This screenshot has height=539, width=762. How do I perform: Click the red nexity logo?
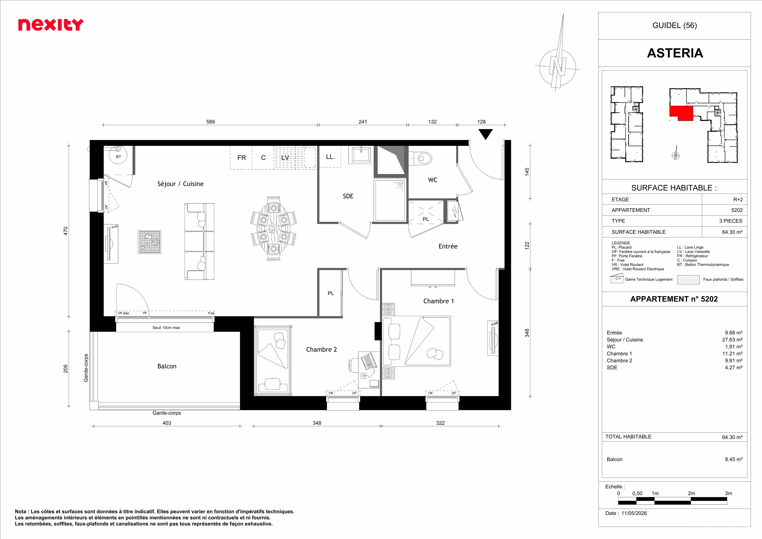pos(50,25)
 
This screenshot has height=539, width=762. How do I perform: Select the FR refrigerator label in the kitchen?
pos(242,158)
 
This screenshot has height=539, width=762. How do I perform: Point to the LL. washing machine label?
pos(330,157)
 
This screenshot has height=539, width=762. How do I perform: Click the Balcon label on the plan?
pos(167,366)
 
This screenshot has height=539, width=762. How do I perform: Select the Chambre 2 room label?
pos(321,350)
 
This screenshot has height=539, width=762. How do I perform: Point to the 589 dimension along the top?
pos(210,122)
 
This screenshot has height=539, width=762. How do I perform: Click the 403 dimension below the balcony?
pos(167,423)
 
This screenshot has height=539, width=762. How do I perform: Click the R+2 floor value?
pos(738,200)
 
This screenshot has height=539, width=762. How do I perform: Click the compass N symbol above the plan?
pos(558,65)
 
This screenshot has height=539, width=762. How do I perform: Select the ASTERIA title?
pos(675,53)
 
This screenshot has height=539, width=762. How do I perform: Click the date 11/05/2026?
pos(634,513)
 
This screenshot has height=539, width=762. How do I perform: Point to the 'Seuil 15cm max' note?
pos(166,328)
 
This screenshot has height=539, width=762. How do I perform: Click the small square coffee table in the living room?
pos(149,242)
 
